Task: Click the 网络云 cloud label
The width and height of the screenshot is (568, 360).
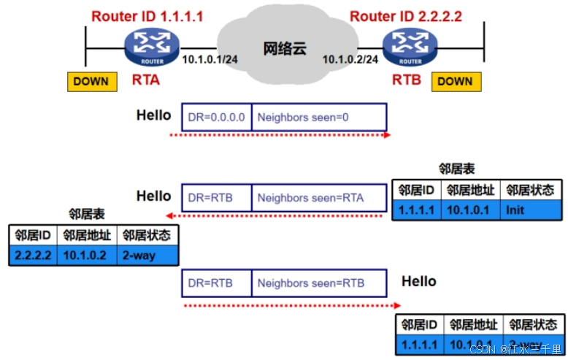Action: pyautogui.click(x=285, y=49)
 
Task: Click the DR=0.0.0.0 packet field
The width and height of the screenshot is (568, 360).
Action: pyautogui.click(x=216, y=117)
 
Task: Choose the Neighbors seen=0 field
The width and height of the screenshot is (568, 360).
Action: pyautogui.click(x=318, y=117)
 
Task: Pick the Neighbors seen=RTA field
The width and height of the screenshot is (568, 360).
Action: pyautogui.click(x=318, y=197)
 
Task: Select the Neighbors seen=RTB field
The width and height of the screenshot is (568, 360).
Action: pyautogui.click(x=318, y=283)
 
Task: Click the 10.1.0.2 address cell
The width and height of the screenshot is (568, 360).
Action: pyautogui.click(x=85, y=256)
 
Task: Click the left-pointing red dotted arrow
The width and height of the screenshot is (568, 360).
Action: pyautogui.click(x=277, y=215)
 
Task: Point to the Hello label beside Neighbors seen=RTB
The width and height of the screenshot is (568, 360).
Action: pyautogui.click(x=419, y=281)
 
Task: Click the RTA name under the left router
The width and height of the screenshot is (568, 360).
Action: pyautogui.click(x=146, y=79)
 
